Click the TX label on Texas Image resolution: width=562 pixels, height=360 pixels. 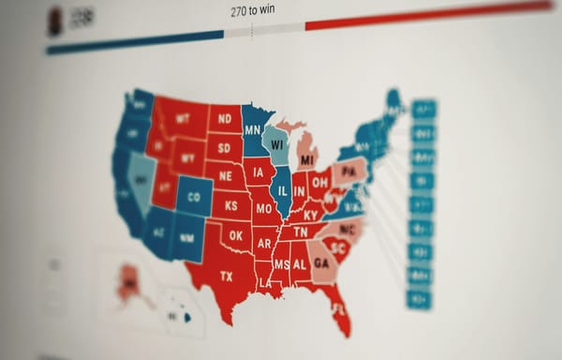(227, 277)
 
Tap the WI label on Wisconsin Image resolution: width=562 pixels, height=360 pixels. (276, 145)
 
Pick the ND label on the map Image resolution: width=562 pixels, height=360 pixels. (225, 120)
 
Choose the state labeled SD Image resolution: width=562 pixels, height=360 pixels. (225, 147)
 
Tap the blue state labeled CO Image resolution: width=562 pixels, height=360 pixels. (194, 198)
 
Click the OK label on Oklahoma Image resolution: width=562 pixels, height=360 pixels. (234, 236)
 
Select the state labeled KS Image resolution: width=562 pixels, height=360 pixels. (230, 204)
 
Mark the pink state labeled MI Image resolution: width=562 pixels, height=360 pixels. (306, 159)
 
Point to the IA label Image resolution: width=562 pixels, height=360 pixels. (258, 173)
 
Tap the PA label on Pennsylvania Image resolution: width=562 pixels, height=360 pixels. (348, 172)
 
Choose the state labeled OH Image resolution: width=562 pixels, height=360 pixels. (319, 182)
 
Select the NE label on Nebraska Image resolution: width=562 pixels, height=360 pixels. (225, 174)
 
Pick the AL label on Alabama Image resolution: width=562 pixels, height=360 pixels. (300, 264)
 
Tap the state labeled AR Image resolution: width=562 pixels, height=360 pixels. (265, 244)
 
